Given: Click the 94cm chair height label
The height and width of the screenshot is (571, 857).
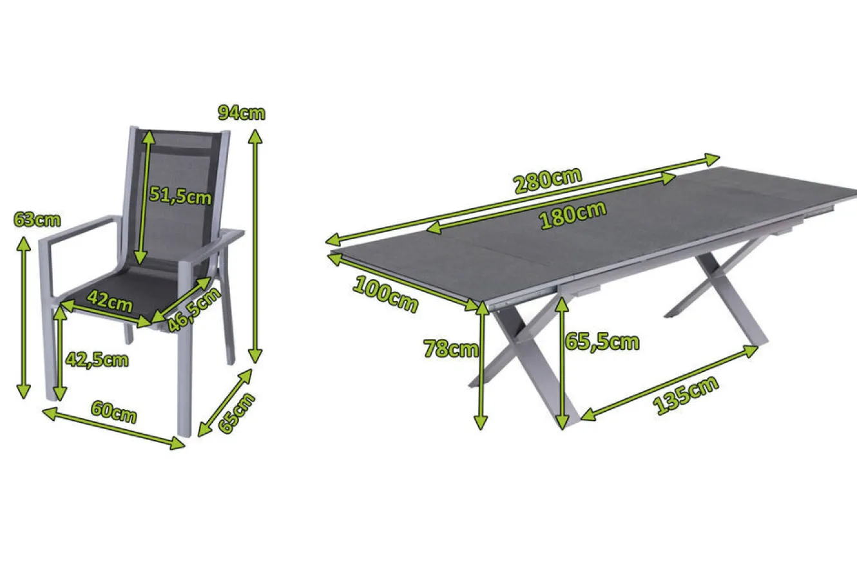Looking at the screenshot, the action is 242,113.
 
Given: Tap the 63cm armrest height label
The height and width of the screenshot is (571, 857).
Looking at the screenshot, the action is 37,220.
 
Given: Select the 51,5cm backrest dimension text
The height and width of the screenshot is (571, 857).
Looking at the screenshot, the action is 180,195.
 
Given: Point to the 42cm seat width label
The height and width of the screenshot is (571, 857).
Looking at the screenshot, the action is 110,301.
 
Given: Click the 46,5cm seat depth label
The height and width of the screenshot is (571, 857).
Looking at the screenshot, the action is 194,309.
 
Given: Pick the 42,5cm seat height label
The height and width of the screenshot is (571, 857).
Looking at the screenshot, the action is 97,360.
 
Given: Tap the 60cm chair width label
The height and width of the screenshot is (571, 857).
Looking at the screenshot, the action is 114,412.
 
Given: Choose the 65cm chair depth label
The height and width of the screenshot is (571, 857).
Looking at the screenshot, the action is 236,413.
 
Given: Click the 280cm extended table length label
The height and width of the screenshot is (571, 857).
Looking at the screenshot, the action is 548,180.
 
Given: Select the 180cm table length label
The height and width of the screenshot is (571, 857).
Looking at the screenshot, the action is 573,215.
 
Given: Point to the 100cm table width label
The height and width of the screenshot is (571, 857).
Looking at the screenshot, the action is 385,295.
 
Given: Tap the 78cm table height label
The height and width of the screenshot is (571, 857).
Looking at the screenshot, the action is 450,349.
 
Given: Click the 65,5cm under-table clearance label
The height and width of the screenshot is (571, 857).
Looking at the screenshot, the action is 602,342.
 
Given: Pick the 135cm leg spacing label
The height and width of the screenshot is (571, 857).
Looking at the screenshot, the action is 686,395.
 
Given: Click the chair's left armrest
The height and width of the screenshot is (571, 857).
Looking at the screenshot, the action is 77,229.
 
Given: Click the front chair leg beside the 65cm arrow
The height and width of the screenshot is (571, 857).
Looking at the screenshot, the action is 184,381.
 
